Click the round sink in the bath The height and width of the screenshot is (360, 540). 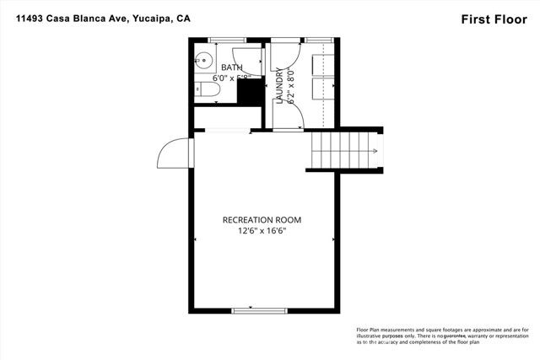pyautogui.click(x=203, y=59)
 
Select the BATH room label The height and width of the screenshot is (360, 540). pyautogui.click(x=231, y=67)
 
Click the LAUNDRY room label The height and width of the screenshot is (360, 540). pyautogui.click(x=279, y=85)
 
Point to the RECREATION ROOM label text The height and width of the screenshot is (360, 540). pyautogui.click(x=262, y=220)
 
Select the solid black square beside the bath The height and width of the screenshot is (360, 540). pyautogui.click(x=249, y=92)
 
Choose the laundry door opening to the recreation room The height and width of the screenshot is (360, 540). pyautogui.click(x=286, y=129)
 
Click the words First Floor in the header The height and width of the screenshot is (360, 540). pyautogui.click(x=489, y=19)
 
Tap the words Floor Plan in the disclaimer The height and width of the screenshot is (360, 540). pyautogui.click(x=375, y=330)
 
